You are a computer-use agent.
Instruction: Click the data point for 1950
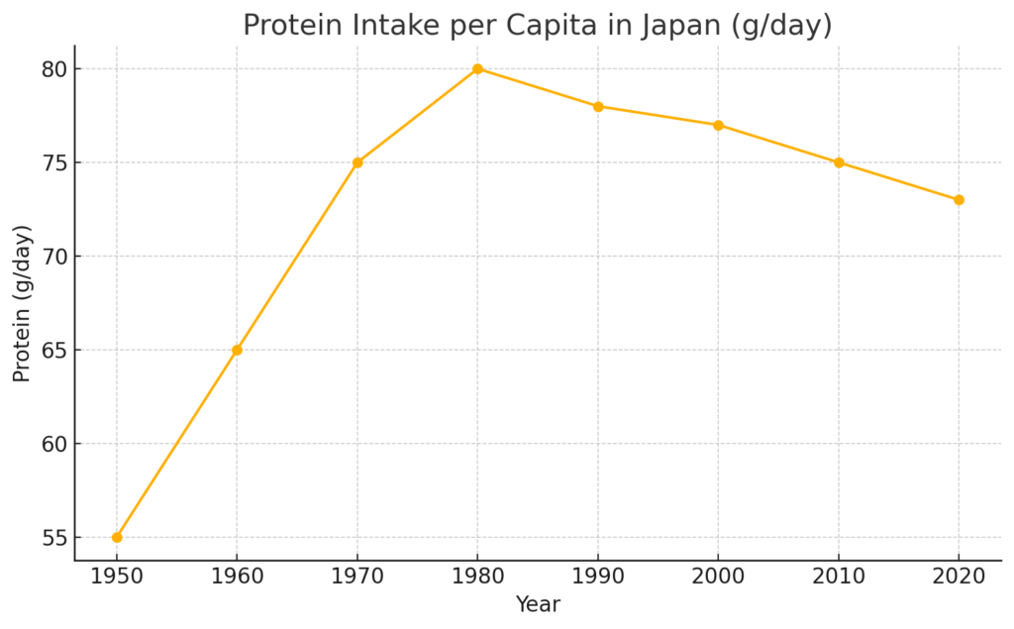click(117, 537)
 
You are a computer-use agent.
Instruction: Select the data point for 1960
click(237, 350)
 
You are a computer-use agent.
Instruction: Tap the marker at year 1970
click(357, 162)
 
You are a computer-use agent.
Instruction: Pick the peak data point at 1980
click(477, 68)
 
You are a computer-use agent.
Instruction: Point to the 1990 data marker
click(598, 106)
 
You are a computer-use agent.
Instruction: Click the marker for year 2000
click(718, 125)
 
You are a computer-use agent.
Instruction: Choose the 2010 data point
click(839, 162)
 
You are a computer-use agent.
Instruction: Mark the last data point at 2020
click(959, 200)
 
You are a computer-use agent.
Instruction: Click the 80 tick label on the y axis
click(54, 69)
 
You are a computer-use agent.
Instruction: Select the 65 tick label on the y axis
click(54, 351)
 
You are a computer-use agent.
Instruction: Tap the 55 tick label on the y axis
click(54, 538)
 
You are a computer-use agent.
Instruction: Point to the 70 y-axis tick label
click(54, 257)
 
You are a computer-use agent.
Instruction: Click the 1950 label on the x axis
click(117, 577)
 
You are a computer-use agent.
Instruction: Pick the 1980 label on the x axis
click(477, 577)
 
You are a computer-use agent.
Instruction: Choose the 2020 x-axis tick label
click(959, 577)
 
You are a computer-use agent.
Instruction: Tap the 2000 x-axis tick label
click(718, 577)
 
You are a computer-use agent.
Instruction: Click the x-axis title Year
click(538, 604)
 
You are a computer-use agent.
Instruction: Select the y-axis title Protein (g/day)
click(23, 303)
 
